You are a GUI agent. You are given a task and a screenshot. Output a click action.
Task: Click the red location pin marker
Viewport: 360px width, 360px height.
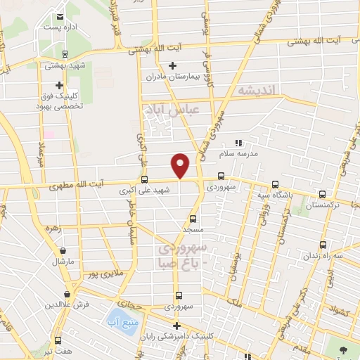point(181,165)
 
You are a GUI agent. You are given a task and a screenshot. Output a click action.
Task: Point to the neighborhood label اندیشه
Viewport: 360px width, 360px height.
point(259,91)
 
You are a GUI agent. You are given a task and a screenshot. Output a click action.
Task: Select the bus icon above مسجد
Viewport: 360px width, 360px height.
point(193,218)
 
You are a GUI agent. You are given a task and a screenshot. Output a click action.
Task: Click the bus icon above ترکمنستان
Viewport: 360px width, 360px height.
point(322,194)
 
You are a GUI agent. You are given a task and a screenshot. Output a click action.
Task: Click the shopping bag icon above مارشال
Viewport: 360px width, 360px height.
point(64,250)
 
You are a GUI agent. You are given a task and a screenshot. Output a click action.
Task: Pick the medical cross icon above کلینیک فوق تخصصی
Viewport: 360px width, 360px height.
point(60,84)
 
